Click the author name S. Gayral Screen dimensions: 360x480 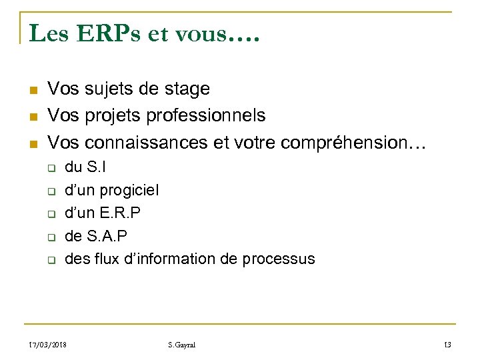tap(182, 345)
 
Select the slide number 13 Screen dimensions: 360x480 tap(447, 345)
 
